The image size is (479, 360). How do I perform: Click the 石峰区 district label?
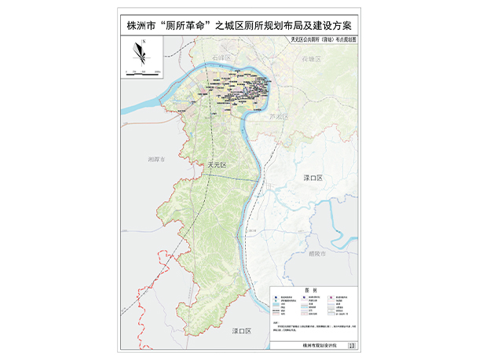click(x=223, y=59)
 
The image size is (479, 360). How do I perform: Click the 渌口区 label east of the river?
click(x=313, y=180)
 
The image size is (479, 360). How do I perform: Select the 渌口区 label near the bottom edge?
click(x=239, y=332)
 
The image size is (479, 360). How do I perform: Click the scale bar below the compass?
click(x=145, y=71)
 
